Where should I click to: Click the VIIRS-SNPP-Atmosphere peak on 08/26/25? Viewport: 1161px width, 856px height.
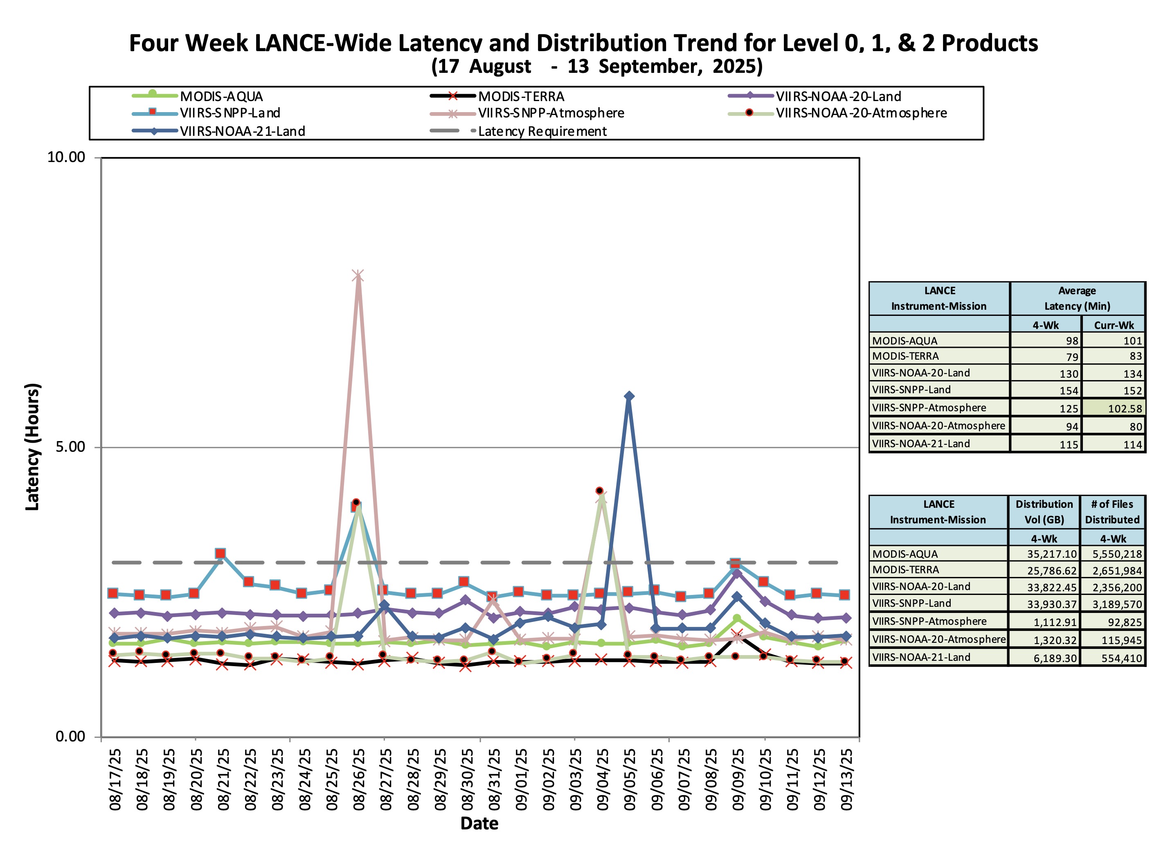click(358, 276)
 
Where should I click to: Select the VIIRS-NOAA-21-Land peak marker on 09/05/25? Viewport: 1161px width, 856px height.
click(628, 396)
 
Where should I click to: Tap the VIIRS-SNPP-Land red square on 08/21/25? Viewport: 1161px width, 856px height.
click(220, 553)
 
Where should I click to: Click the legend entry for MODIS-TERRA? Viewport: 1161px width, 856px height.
click(521, 97)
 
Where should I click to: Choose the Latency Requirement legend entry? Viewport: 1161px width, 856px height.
click(542, 131)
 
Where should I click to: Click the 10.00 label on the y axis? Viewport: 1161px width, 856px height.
click(66, 157)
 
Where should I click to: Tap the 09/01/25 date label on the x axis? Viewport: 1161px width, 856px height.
click(521, 780)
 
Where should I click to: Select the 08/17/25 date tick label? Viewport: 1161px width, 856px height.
click(115, 780)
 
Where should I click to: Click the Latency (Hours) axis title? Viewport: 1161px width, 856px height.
click(32, 447)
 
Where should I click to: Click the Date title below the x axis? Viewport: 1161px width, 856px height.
click(479, 823)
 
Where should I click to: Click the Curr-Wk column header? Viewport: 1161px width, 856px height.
click(1113, 325)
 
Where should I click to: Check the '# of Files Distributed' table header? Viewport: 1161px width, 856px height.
click(1112, 511)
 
